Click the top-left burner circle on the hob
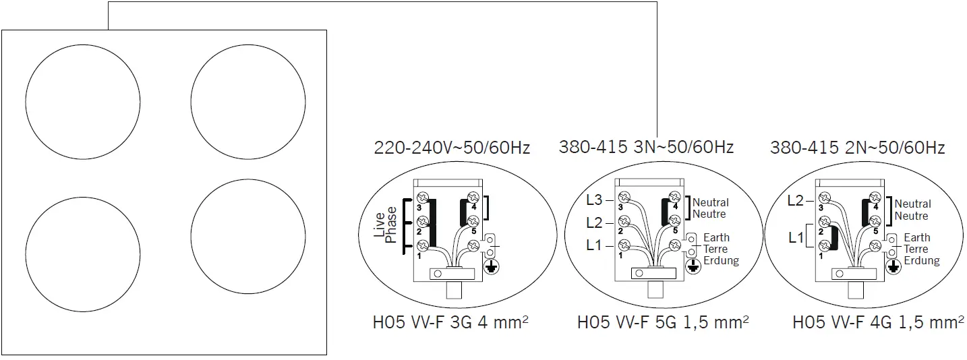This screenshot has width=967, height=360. [83, 102]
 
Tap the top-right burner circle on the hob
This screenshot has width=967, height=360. [247, 102]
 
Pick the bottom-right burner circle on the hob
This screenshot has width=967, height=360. [247, 237]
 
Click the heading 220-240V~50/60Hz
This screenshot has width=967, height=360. [452, 148]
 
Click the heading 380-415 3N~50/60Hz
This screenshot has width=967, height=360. [646, 146]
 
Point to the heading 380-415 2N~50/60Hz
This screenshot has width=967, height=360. [857, 148]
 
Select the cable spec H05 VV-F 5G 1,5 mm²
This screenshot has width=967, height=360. [663, 323]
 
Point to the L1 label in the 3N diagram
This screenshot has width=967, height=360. [593, 245]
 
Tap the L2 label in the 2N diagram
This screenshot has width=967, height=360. [796, 200]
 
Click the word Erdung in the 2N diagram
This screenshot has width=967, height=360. [922, 261]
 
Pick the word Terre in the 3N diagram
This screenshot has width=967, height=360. [715, 249]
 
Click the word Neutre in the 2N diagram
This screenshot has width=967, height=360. [911, 216]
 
